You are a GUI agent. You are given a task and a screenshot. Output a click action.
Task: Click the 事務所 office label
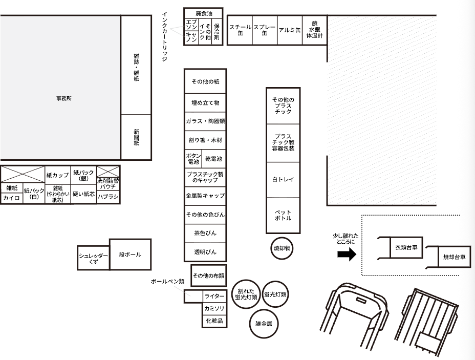point(64,98)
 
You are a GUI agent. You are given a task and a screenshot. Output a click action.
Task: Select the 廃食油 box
point(204,13)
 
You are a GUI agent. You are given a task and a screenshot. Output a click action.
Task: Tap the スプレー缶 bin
point(265,30)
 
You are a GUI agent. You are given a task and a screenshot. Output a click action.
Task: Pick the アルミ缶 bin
point(290,30)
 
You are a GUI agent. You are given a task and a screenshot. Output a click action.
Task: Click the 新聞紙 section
point(136,137)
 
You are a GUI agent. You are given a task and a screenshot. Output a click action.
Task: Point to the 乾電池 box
point(213,158)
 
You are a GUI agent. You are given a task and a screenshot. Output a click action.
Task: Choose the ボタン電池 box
point(193,158)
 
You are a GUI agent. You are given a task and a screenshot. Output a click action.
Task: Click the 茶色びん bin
point(205,234)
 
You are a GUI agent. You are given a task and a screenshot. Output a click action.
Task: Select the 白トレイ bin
point(283,180)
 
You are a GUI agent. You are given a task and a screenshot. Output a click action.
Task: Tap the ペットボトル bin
point(283,215)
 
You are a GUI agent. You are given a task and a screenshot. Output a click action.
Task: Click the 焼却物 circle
point(282,248)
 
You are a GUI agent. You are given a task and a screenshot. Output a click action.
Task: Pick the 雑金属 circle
point(264,324)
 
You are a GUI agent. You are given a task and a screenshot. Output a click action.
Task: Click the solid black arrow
point(347,254)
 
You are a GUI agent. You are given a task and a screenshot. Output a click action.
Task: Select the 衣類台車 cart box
point(406,247)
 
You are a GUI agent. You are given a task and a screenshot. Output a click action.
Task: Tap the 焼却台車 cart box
point(455,257)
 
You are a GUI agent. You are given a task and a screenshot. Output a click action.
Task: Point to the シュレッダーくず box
point(93,258)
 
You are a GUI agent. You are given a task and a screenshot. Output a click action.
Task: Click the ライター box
point(214,296)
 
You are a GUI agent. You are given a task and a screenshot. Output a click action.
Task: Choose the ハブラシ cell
point(108,197)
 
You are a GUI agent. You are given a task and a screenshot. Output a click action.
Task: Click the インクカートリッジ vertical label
point(164,37)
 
